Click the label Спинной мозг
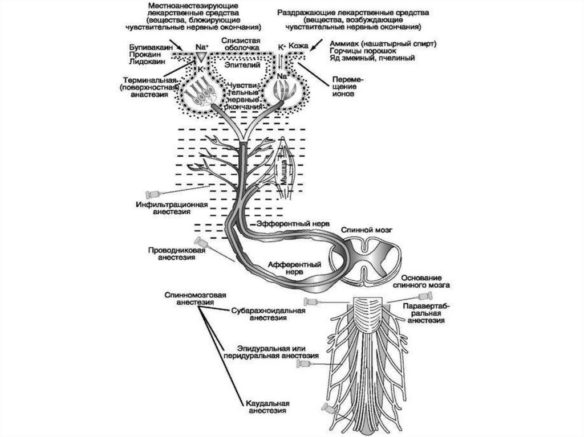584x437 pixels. tap(360, 229)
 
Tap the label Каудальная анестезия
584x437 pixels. tap(261, 405)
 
